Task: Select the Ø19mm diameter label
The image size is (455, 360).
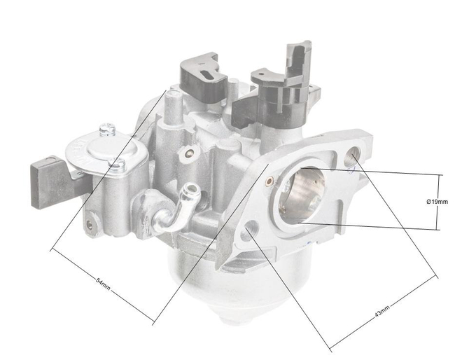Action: click(437, 202)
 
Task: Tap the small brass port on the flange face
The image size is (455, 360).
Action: click(269, 181)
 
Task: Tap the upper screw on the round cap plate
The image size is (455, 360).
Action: click(106, 130)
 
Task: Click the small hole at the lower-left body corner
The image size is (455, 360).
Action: click(90, 225)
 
